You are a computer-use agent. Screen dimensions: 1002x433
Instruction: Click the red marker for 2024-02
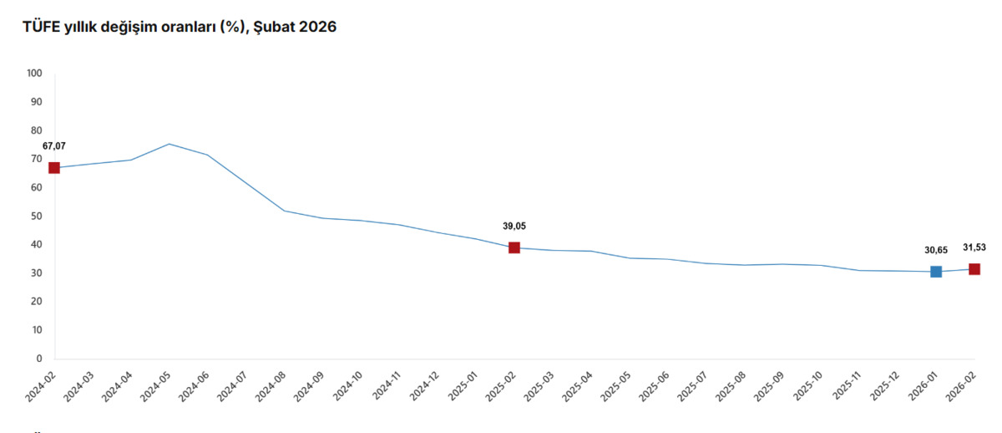[54, 168]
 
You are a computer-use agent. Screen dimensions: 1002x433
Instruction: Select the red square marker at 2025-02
[514, 247]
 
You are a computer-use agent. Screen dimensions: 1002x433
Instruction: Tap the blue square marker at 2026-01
[936, 272]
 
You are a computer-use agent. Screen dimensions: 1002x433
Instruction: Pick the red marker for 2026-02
[974, 269]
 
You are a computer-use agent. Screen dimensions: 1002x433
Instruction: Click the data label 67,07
[54, 146]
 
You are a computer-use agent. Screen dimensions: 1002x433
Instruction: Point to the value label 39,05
[514, 227]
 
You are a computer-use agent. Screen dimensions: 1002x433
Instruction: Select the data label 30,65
[936, 250]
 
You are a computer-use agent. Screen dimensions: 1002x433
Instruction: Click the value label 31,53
[974, 247]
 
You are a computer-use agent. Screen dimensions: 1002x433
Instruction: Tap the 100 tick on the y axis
[34, 73]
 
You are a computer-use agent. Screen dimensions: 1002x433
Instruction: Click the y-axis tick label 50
[36, 216]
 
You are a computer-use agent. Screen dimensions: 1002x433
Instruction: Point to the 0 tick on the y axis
[39, 359]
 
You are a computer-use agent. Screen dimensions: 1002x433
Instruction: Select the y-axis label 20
[36, 302]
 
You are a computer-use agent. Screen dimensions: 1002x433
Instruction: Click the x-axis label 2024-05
[155, 387]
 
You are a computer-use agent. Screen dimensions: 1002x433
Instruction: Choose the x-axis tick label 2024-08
[271, 387]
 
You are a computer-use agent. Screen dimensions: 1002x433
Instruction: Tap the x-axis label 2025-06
[654, 387]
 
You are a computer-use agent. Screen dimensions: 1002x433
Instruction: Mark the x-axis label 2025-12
[884, 387]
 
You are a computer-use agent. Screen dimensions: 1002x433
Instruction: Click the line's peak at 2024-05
[169, 144]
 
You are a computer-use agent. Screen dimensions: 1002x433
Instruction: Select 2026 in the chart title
[317, 27]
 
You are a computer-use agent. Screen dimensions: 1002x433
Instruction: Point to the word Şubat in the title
[274, 28]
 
